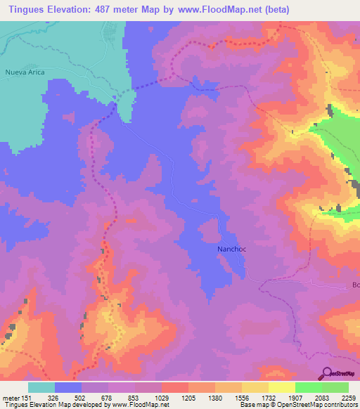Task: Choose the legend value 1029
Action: click(162, 397)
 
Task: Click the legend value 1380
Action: click(215, 397)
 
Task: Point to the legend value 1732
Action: click(269, 397)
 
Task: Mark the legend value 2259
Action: click(347, 397)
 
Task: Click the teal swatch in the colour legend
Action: click(41, 387)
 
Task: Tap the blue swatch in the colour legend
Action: click(68, 387)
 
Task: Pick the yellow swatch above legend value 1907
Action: click(281, 387)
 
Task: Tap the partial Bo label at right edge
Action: click(354, 285)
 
